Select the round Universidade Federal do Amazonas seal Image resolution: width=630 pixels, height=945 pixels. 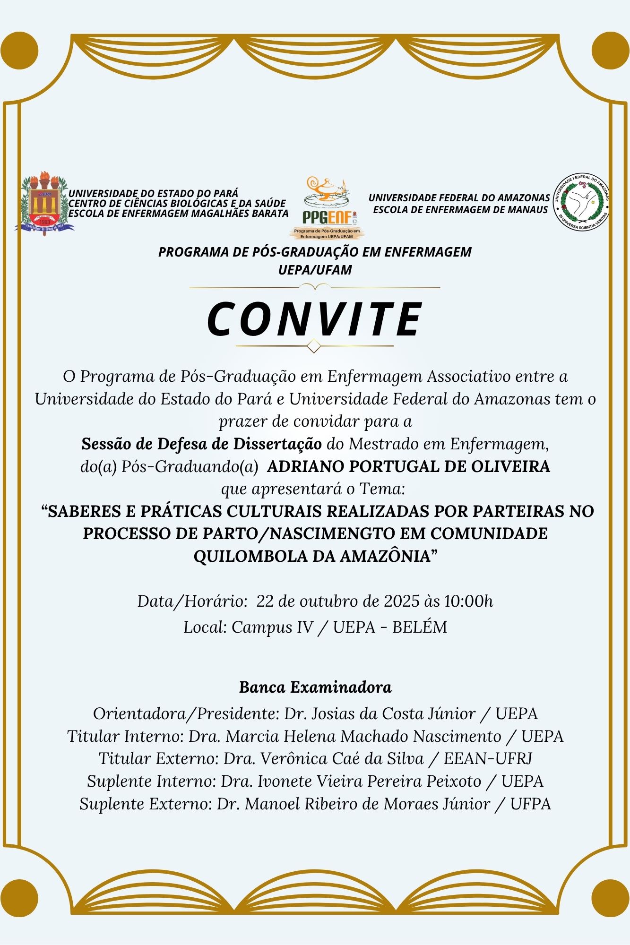tap(581, 203)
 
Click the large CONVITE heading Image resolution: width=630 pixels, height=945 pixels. tap(315, 319)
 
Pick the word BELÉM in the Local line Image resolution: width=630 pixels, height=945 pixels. tap(420, 627)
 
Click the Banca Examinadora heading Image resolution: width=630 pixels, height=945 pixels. tap(315, 687)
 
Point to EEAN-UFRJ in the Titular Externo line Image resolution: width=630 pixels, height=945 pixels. tap(488, 758)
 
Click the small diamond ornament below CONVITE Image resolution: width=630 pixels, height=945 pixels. tap(314, 346)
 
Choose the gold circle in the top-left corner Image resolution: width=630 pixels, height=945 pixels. tap(19, 51)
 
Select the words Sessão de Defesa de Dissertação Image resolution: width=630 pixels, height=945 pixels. tap(202, 444)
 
